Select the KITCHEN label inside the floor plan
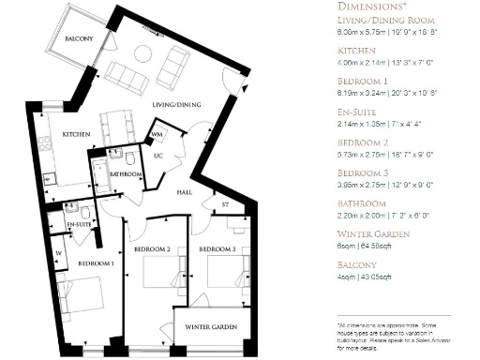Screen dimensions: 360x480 [76, 135]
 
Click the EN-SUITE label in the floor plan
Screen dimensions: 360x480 [80, 226]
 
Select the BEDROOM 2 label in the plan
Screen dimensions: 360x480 [150, 250]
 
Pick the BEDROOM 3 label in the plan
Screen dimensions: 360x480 [215, 250]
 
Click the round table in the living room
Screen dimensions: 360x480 [145, 52]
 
